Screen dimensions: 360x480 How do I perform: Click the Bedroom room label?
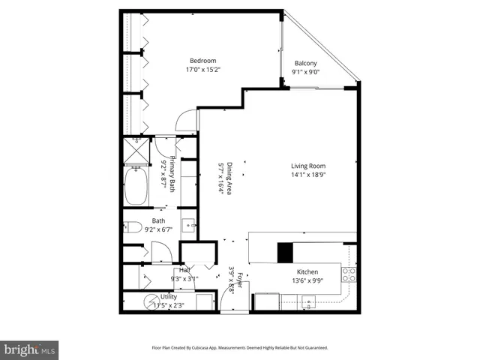pos(202,61)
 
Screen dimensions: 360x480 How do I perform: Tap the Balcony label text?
pos(304,63)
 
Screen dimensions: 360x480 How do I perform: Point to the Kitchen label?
pos(307,271)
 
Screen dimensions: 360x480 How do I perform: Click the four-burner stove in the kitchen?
pos(349,274)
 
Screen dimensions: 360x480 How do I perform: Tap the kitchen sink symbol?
pos(307,302)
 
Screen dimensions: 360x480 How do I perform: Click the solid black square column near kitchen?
pos(286,253)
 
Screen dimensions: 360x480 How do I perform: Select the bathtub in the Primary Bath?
pos(137,186)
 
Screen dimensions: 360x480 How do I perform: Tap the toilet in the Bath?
pos(133,227)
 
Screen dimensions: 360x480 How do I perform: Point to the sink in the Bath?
pos(189,224)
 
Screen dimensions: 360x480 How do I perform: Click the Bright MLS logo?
pos(30,349)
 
